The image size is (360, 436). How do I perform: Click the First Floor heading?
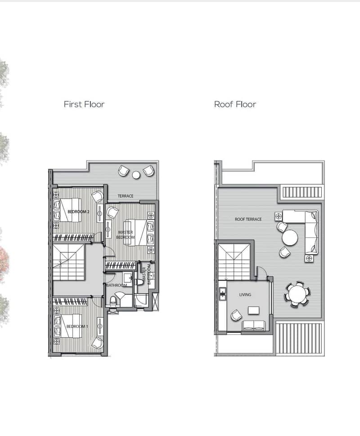84,104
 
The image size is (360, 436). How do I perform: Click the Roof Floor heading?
235,104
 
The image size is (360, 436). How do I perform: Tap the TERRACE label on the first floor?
126,196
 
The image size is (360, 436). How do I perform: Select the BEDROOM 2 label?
78,212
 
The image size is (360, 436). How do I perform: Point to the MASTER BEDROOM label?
125,235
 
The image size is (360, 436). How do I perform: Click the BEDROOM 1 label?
77,326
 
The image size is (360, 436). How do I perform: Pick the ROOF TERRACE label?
248,219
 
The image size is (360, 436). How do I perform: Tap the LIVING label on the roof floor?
245,294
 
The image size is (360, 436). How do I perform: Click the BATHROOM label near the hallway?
117,285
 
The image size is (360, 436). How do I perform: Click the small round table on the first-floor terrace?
136,175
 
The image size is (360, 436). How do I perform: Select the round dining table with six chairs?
297,294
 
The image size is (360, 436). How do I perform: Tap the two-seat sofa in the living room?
254,325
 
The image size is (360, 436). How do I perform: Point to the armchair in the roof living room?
236,316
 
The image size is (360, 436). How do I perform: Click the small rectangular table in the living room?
253,310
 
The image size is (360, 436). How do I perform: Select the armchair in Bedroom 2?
97,196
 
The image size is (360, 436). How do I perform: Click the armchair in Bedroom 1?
98,343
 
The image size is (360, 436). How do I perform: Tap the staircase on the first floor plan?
68,262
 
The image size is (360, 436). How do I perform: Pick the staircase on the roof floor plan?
234,262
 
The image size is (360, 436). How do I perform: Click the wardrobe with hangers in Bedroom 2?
73,237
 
